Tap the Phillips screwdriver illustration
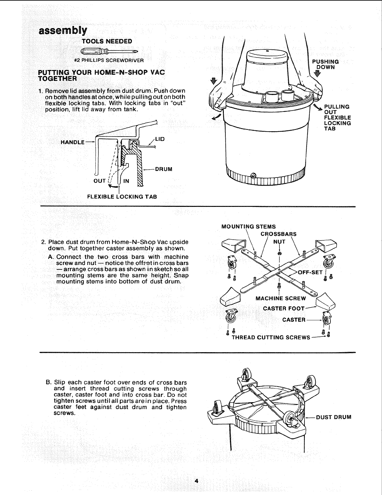click(109, 51)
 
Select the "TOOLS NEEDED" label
click(107, 41)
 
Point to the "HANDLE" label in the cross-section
click(73, 142)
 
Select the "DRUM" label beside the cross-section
click(163, 169)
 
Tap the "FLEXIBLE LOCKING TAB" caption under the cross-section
click(122, 197)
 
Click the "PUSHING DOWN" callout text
click(326, 64)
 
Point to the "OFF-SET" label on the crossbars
click(310, 272)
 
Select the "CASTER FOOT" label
click(284, 309)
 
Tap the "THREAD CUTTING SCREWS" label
click(271, 337)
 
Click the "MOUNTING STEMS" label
click(248, 227)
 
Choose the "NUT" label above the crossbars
click(279, 242)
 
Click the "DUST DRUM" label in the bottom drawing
click(334, 417)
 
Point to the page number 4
click(196, 481)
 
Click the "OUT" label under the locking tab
click(100, 181)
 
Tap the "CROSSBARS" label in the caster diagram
click(278, 234)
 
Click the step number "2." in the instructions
click(44, 242)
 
